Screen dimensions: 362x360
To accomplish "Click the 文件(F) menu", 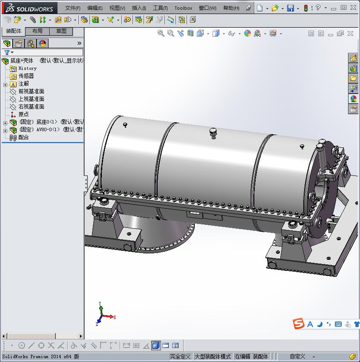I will pos(72,8).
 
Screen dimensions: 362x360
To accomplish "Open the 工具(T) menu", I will pos(160,8).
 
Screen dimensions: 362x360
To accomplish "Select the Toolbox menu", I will pos(183,8).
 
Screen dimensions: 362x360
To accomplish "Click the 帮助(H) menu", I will pos(231,8).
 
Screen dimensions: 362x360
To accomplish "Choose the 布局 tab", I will pos(37,31).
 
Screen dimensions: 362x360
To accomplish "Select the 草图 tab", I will pos(61,31).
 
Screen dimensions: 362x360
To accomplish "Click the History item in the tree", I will pos(27,69).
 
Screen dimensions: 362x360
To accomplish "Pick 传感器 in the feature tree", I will pos(26,76).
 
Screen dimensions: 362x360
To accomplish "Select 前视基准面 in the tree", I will pos(31,92).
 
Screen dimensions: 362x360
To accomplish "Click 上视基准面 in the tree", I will pos(31,99).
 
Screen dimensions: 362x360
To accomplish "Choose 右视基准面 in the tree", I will pos(31,107).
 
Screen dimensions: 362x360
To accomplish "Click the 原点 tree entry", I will pos(23,115).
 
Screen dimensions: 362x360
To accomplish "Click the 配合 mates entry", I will pos(23,138).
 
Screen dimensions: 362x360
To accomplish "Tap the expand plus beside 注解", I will pos(5,84).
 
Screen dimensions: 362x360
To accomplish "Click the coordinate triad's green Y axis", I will pos(100,307).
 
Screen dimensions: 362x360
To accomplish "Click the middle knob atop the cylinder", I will pos(213,132).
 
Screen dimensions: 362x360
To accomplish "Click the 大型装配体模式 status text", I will pos(213,356).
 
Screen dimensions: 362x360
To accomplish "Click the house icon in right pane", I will pos(353,58).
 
